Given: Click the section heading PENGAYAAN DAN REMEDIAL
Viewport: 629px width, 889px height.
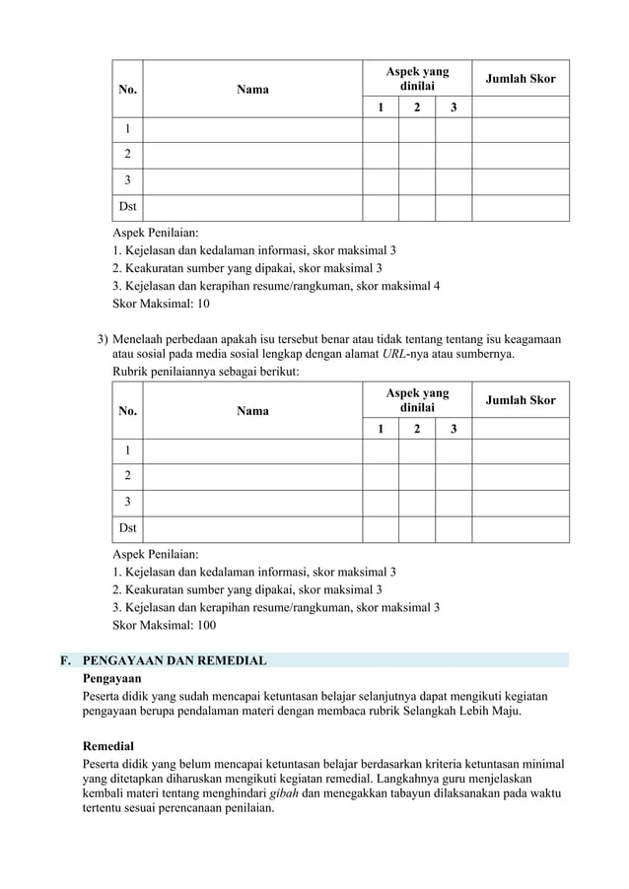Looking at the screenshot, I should [x=175, y=660].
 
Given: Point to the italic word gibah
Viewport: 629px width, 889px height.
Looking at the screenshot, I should [x=284, y=793].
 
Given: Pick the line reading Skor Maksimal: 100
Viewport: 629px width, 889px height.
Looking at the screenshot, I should [x=165, y=625].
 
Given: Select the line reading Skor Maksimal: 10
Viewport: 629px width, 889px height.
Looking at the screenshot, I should [x=162, y=304].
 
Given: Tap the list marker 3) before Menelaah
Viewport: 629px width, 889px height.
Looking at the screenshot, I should [x=103, y=339].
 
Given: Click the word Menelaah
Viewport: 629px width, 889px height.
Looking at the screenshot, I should [x=142, y=339].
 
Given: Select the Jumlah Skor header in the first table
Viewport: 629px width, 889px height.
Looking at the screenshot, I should [x=521, y=78].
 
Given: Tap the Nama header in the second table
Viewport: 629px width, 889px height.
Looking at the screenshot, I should [x=252, y=411].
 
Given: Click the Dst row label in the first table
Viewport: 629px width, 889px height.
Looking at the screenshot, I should [x=128, y=207].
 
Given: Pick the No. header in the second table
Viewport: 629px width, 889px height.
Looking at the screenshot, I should [x=128, y=411].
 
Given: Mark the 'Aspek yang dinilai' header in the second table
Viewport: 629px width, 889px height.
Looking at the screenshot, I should [x=417, y=399].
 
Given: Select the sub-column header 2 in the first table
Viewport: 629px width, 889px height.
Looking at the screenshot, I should [x=417, y=106].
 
